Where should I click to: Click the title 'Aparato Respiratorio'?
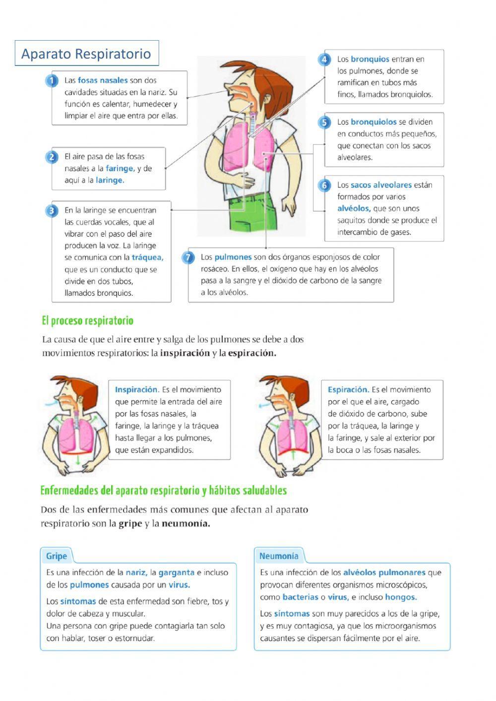[x=86, y=54]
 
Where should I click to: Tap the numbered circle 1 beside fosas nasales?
[x=52, y=80]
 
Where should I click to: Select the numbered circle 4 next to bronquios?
[x=324, y=60]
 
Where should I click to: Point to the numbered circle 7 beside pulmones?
[x=188, y=257]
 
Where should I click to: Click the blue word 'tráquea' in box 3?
[x=147, y=257]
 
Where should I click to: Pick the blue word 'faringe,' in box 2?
[x=120, y=169]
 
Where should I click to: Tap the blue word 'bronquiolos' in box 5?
[x=373, y=122]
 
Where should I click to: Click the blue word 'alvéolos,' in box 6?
[x=354, y=209]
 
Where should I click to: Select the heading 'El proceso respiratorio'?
[x=88, y=321]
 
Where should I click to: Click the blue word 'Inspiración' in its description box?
[x=136, y=390]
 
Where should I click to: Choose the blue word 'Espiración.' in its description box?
[x=348, y=390]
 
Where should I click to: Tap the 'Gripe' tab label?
[x=56, y=556]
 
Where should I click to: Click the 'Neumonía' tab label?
[x=279, y=556]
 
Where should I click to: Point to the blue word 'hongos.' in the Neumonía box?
[x=401, y=597]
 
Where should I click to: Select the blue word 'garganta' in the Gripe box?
[x=176, y=573]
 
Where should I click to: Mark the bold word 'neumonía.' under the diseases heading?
[x=186, y=524]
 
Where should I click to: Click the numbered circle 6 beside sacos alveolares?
[x=324, y=186]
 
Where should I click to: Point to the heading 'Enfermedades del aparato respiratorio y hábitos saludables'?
[x=164, y=491]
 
